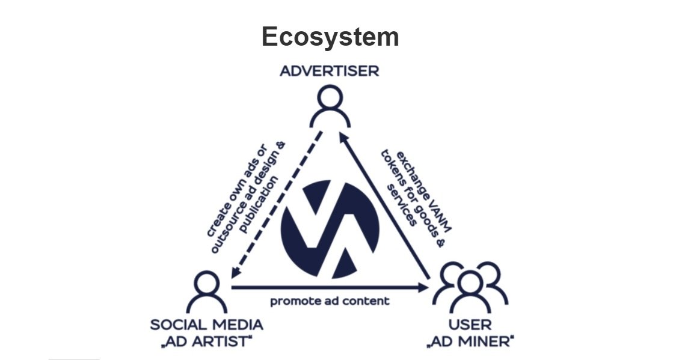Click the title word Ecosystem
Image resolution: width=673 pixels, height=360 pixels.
click(330, 37)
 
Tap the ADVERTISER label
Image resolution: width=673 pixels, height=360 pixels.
click(330, 71)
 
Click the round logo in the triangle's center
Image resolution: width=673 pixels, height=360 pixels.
click(330, 229)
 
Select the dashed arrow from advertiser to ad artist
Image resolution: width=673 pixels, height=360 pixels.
click(276, 206)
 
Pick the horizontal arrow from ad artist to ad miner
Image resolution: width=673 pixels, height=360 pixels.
click(330, 288)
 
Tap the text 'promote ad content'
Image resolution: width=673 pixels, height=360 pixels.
click(330, 301)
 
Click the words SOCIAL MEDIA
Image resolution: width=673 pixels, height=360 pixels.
click(206, 325)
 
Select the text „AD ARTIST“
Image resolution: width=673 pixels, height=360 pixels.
click(206, 342)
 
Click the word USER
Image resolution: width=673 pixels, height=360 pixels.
click(470, 325)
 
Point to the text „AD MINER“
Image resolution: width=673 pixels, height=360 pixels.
click(470, 342)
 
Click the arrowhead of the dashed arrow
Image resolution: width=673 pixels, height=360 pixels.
click(236, 273)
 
